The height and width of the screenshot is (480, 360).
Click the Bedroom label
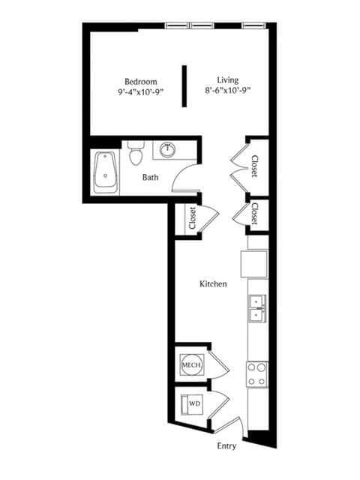coord(141,82)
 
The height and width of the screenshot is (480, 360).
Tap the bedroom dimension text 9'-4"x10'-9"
coord(141,91)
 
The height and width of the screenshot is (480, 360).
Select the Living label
coord(228,80)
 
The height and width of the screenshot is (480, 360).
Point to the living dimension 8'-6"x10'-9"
coord(228,90)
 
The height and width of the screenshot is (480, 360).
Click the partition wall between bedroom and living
coord(184,86)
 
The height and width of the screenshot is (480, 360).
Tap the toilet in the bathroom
coord(136,153)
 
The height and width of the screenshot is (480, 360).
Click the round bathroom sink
coord(167,149)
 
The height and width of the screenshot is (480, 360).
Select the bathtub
coord(105,172)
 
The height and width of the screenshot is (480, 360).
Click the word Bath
coord(150,177)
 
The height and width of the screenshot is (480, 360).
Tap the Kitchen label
coord(213,283)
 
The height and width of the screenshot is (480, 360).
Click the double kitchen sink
coord(257,308)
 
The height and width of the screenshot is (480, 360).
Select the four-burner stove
coord(256,374)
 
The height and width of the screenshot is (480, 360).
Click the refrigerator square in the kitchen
coord(254,264)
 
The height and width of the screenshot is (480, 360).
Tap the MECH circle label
coord(191,364)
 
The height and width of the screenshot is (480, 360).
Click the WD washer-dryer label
coord(195,403)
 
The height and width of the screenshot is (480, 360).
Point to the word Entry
coord(226,446)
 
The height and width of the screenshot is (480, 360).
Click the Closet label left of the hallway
coord(193,218)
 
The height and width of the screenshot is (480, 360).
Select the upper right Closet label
coord(254,166)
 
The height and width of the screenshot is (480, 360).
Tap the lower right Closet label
coord(254,214)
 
